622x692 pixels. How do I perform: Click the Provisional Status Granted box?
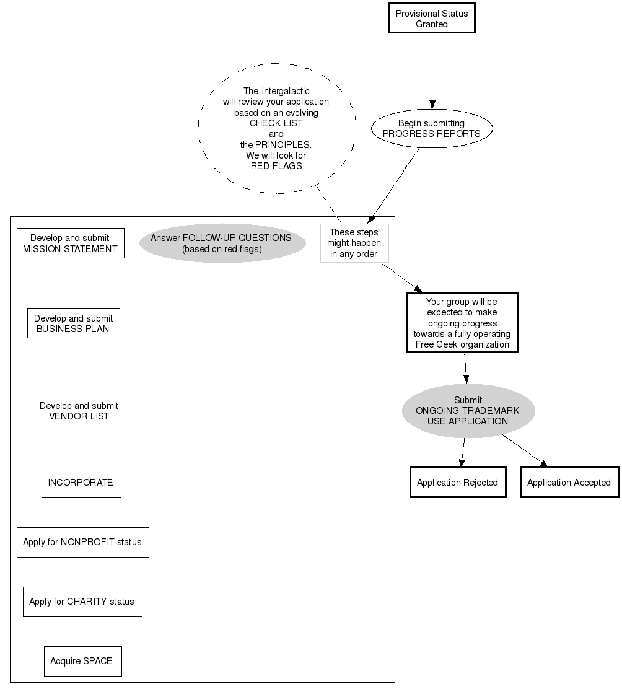431,19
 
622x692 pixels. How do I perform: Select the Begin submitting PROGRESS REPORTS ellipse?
431,129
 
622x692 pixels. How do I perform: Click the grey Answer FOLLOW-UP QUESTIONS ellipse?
222,243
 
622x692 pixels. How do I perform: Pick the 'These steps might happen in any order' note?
354,243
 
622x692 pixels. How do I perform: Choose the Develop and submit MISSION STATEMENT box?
70,243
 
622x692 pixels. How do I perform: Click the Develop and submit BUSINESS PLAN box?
73,323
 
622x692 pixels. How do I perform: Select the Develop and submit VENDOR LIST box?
79,411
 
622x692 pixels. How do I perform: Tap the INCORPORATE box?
81,483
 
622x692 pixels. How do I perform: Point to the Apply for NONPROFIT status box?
82,542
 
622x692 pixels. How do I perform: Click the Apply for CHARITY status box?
82,602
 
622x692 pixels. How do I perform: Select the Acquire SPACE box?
82,661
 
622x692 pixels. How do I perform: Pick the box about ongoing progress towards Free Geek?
462,323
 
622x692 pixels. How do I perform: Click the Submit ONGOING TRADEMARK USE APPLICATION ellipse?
468,411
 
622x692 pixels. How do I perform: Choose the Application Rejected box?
457,483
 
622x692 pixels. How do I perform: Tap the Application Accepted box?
569,483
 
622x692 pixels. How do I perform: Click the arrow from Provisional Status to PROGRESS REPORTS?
432,68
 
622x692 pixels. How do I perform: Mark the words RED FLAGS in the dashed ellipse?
276,166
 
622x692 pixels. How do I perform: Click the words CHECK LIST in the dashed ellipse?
276,123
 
